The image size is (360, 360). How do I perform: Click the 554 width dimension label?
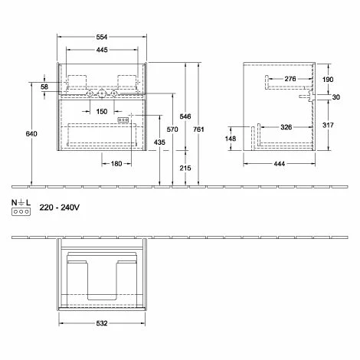point(102,37)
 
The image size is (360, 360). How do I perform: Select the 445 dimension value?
point(102,50)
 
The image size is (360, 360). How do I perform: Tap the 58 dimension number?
point(44,87)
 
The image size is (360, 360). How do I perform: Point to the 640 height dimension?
point(31,133)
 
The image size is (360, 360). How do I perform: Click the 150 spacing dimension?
point(102,111)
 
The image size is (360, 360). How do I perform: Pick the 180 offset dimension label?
point(116,164)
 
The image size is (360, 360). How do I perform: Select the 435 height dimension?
point(159,142)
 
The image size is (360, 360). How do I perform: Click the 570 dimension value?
point(172,129)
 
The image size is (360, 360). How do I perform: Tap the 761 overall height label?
point(198,129)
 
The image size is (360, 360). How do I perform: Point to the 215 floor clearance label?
point(185,168)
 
